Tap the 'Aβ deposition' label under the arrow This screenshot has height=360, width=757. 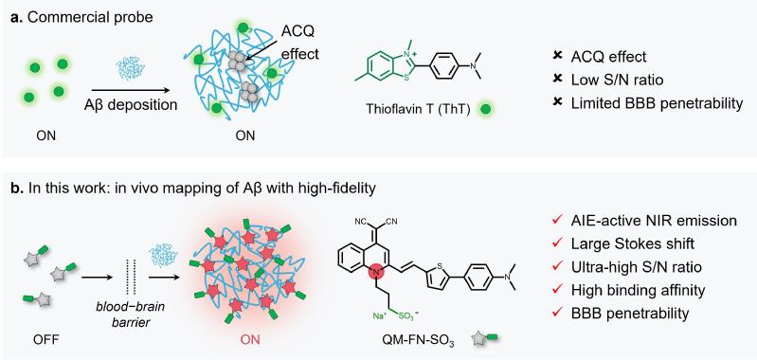point(130,104)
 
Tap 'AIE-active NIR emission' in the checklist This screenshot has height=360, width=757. point(654,221)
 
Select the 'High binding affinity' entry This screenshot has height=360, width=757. point(638,291)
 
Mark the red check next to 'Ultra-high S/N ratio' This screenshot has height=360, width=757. point(557,267)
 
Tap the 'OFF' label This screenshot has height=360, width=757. point(46,339)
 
